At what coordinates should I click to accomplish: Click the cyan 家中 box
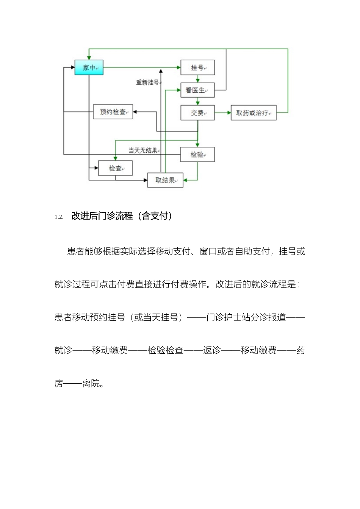pos(89,68)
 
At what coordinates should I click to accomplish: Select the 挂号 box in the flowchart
pos(197,68)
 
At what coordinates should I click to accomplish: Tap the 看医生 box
pos(197,90)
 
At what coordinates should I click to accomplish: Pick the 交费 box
pos(197,113)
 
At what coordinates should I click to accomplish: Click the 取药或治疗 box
pos(254,113)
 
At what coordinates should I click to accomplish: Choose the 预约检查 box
pos(113,112)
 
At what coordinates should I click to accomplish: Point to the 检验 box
pos(197,155)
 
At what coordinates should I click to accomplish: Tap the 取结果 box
pos(165,180)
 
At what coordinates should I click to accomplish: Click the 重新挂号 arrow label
pos(147,82)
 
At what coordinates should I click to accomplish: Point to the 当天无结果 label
pos(143,150)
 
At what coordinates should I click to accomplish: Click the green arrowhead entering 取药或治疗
pos(229,113)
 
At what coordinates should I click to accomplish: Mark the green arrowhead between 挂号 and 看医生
pos(197,80)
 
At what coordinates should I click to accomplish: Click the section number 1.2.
pos(59,217)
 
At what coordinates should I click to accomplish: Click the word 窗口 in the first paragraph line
pos(208,251)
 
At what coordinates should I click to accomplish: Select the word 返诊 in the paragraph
pos(212,350)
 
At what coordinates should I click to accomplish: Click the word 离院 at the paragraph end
pos(91,383)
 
